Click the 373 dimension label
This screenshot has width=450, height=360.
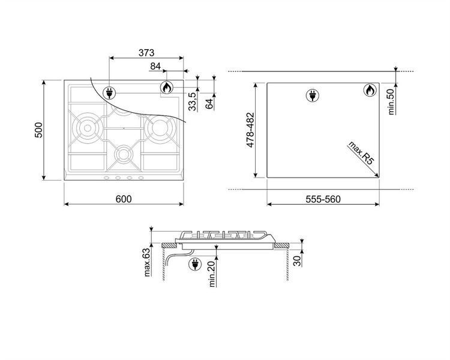pyautogui.click(x=146, y=53)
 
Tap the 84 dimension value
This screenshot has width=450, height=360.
pyautogui.click(x=155, y=67)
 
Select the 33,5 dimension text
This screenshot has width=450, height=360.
pyautogui.click(x=193, y=101)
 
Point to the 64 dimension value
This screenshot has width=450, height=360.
pyautogui.click(x=210, y=104)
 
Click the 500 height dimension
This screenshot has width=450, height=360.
pyautogui.click(x=38, y=130)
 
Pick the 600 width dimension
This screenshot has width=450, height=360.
pyautogui.click(x=124, y=199)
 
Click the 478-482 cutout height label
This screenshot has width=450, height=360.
pyautogui.click(x=251, y=130)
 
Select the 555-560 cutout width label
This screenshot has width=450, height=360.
pyautogui.click(x=323, y=199)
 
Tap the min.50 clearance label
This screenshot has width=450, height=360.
pyautogui.click(x=391, y=102)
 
